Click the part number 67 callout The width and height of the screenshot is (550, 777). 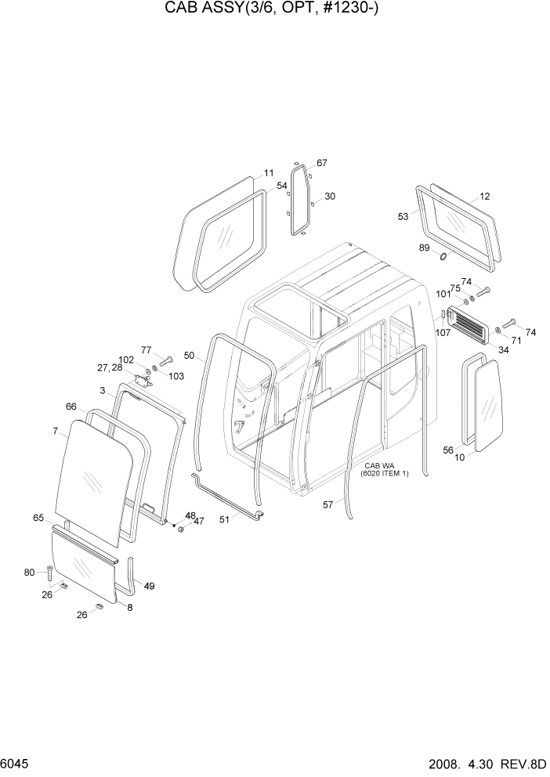tap(321, 163)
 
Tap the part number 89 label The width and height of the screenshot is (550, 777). tap(425, 248)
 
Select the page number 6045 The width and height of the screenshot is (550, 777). tap(16, 762)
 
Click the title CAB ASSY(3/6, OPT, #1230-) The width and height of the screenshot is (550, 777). tap(275, 10)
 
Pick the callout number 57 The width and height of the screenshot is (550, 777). tap(328, 505)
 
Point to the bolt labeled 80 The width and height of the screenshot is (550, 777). tap(51, 574)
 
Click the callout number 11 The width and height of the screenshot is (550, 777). tap(268, 173)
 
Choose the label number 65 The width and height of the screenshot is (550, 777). tap(38, 518)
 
